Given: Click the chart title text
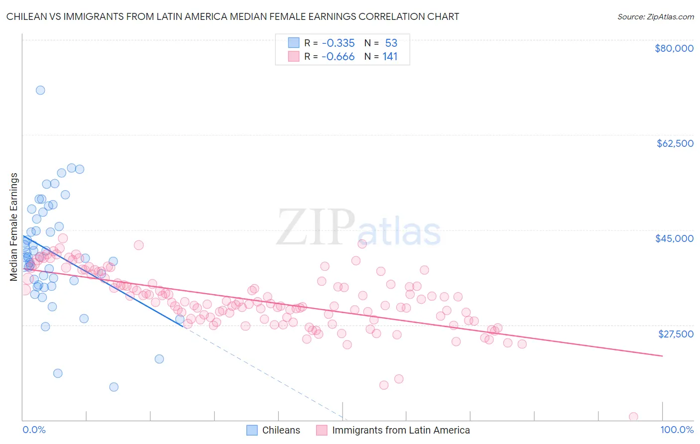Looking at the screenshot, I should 233,16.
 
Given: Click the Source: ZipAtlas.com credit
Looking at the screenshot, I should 655,16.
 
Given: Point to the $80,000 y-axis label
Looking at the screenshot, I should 674,48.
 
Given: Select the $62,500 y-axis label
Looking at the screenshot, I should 675,143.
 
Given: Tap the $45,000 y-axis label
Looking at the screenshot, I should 674,238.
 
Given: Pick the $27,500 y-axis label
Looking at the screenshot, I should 675,333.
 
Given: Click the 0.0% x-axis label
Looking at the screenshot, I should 34,430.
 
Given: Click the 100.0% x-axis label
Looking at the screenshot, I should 677,430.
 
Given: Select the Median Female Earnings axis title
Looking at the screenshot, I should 14,227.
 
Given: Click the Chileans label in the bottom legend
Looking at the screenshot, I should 281,430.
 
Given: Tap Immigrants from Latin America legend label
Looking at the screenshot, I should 401,430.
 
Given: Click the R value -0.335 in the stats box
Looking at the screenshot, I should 338,43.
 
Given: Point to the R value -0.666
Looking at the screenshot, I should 338,57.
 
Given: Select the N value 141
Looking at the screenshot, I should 390,57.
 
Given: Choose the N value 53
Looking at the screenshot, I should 391,43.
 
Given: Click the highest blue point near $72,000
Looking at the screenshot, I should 40,90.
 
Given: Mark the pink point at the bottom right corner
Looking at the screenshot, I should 633,417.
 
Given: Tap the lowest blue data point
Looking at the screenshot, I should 114,387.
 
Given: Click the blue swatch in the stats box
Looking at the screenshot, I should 294,43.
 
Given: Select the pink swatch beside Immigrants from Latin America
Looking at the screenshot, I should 322,430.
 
